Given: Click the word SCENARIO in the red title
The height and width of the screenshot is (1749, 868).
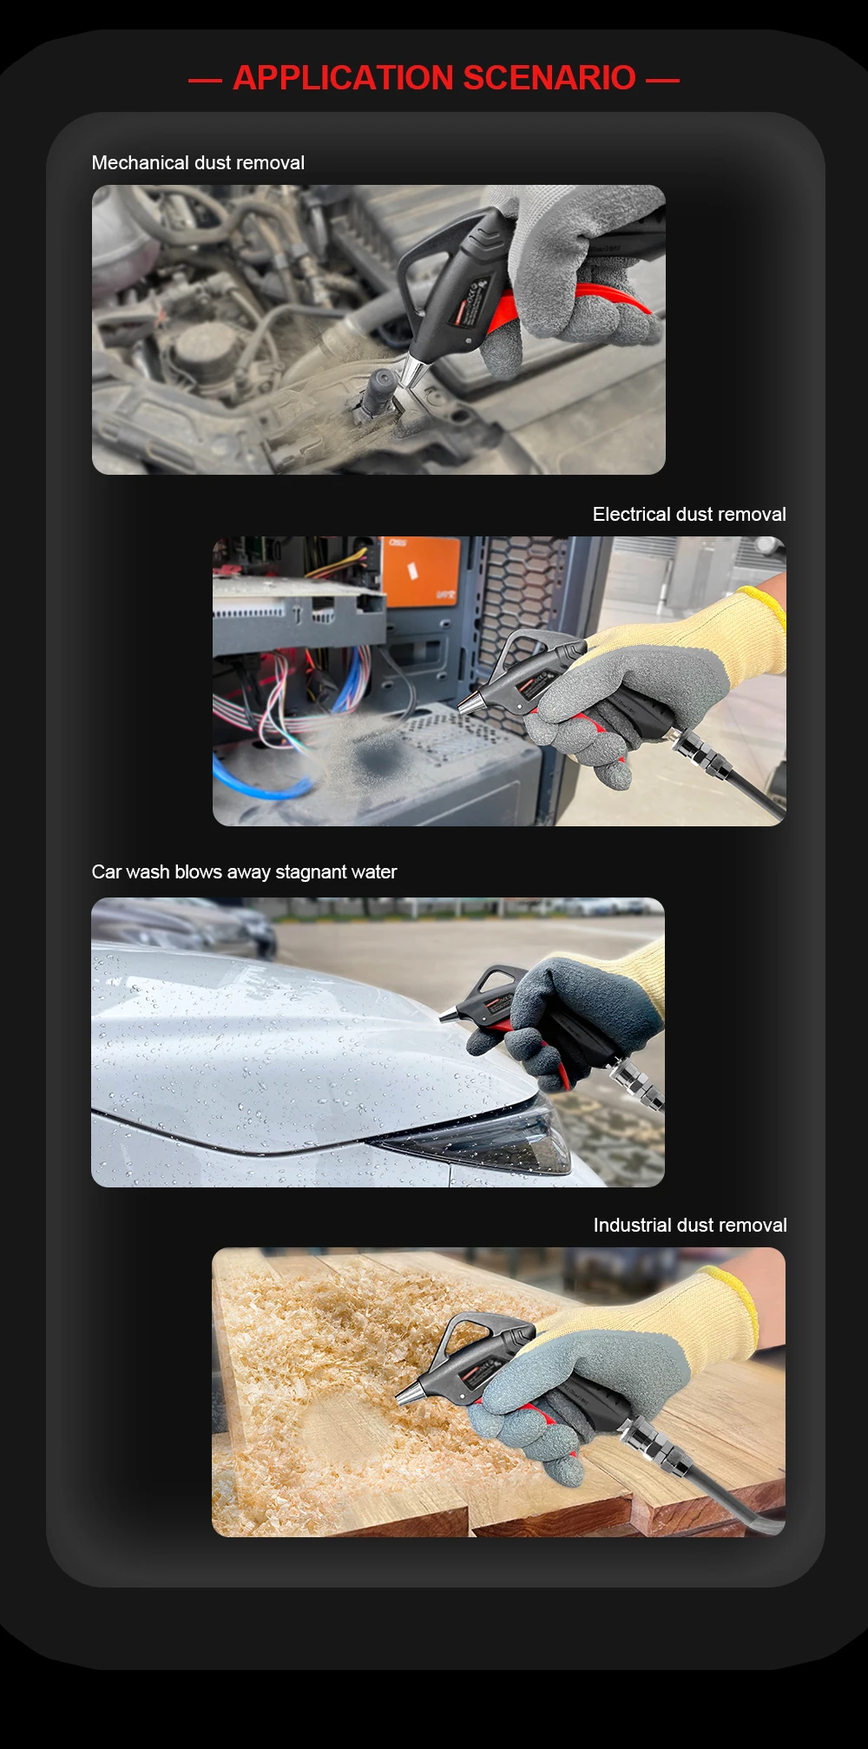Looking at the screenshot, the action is pyautogui.click(x=549, y=78).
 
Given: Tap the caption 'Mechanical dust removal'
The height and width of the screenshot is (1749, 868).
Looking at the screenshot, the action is pyautogui.click(x=198, y=163).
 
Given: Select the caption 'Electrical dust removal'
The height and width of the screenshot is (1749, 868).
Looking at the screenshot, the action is pyautogui.click(x=689, y=515).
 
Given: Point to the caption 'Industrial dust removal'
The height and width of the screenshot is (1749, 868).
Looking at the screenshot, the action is pyautogui.click(x=690, y=1226).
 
